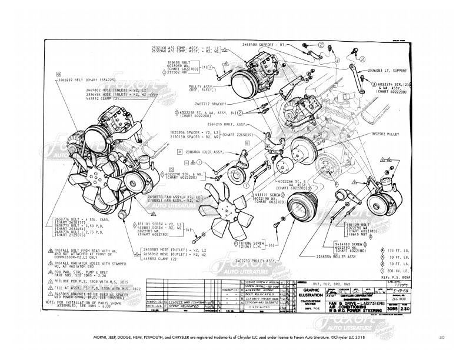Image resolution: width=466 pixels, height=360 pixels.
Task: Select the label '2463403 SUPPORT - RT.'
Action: [281, 44]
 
